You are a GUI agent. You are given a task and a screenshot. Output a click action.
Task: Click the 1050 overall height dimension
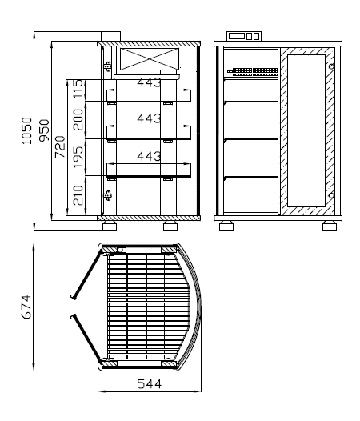(x=27, y=130)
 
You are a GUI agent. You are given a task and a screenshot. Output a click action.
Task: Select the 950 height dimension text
(x=44, y=130)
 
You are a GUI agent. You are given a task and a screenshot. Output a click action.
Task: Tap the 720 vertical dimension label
(x=60, y=146)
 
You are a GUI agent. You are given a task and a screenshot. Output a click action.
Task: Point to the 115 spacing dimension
(x=79, y=89)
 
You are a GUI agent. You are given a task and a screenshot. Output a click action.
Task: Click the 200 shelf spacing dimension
(x=78, y=120)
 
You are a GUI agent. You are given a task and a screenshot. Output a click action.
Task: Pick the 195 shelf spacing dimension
(x=79, y=157)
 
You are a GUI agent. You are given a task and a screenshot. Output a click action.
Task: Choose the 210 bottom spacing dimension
(x=78, y=195)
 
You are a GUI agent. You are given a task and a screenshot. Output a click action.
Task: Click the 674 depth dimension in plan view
(x=26, y=307)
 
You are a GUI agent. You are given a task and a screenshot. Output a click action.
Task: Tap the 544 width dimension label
(x=150, y=384)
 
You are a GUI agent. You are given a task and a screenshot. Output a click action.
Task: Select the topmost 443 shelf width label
(x=149, y=82)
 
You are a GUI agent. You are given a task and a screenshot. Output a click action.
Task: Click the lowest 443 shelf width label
(x=149, y=156)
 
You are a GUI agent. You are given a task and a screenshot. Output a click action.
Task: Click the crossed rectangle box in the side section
(x=150, y=59)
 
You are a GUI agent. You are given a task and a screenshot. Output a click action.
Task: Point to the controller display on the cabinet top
(x=244, y=36)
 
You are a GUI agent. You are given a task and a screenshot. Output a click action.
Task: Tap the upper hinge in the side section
(x=108, y=66)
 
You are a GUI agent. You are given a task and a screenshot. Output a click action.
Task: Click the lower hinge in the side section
(x=108, y=195)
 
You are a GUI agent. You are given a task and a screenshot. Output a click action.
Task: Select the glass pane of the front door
(x=306, y=130)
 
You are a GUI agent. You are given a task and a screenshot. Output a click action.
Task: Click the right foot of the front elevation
(x=330, y=226)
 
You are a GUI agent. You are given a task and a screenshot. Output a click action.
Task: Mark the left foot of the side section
(x=110, y=226)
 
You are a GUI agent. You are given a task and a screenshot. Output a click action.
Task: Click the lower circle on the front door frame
(x=331, y=195)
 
